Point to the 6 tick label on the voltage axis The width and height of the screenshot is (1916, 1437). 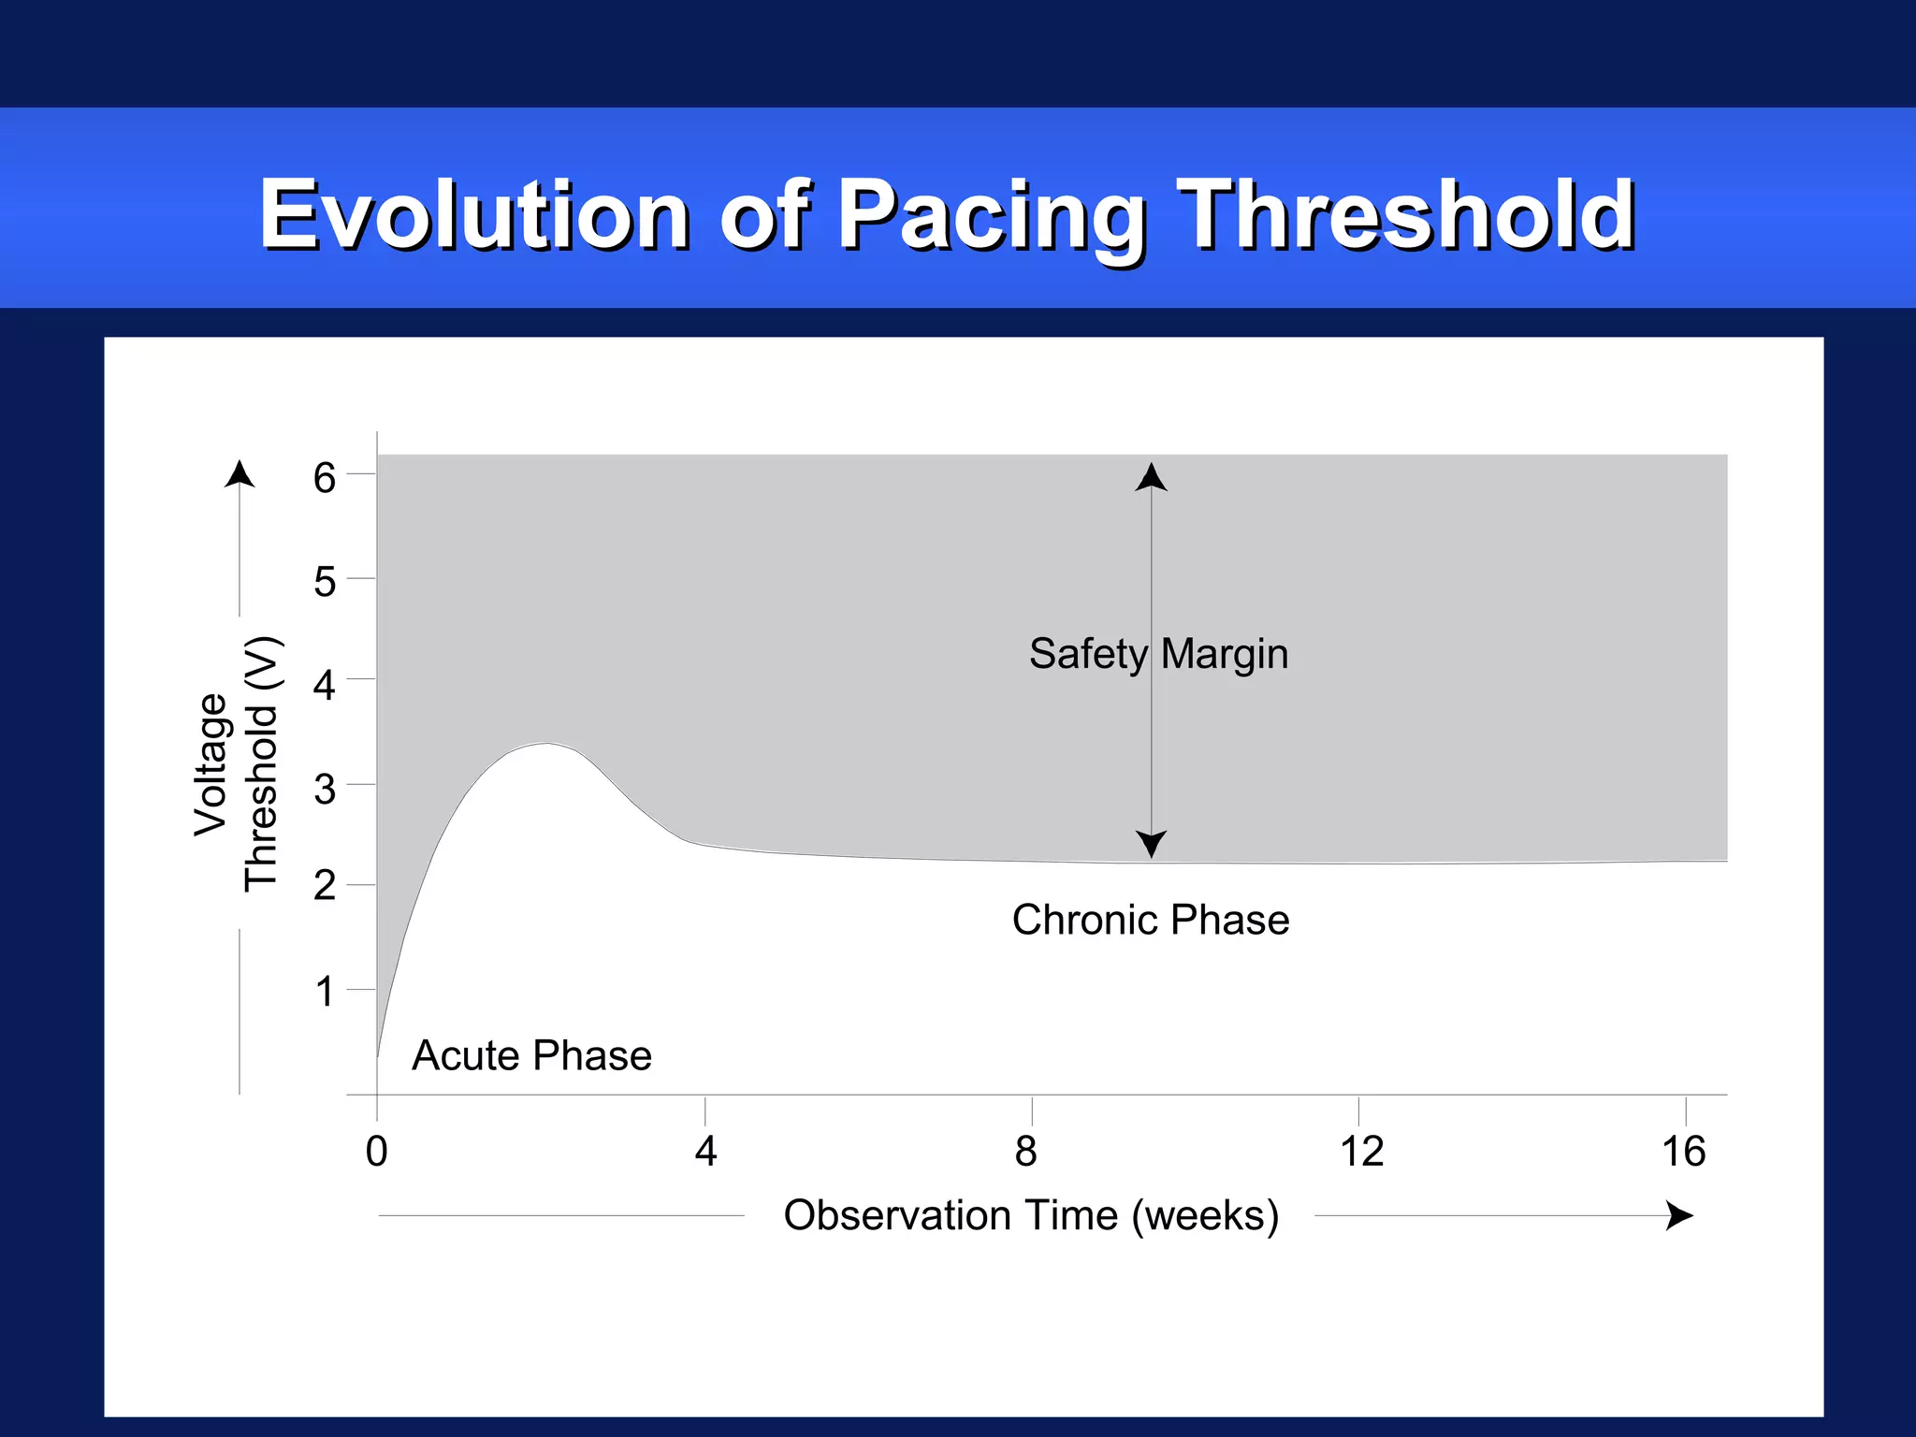pos(324,478)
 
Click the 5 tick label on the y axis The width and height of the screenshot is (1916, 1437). pos(324,582)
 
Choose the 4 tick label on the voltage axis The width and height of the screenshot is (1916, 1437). pos(324,686)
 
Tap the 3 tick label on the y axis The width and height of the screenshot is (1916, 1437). pos(324,790)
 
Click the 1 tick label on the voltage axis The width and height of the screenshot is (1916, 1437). pos(324,992)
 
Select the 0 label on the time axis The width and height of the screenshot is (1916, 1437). pos(376,1152)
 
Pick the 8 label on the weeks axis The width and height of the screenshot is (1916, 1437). pos(1025,1152)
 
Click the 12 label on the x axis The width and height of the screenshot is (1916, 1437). pos(1361,1152)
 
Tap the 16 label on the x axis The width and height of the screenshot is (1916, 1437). pos(1683,1152)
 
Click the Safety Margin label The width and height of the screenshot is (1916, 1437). pos(1158,654)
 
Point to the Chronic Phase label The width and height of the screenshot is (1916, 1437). pos(1150,921)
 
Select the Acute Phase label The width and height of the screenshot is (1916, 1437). pos(531,1056)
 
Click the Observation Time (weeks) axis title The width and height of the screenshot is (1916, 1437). pos(1031,1215)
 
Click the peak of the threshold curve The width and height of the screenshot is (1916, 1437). pos(547,744)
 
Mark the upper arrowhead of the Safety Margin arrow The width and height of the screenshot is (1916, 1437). pos(1151,476)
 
